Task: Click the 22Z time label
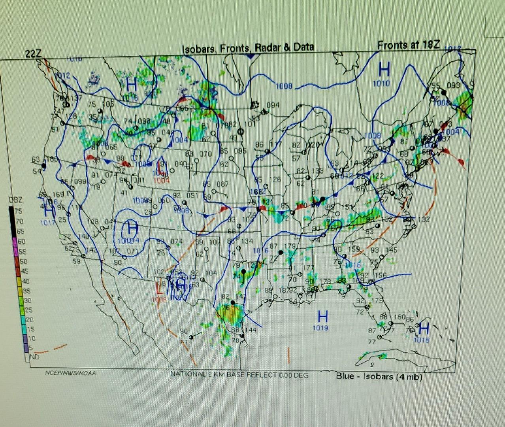click(33, 53)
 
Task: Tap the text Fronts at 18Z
click(408, 45)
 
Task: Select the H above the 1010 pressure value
click(384, 70)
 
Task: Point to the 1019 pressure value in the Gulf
click(320, 328)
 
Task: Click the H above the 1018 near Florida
click(424, 327)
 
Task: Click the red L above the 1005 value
click(159, 288)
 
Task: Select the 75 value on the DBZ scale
click(18, 211)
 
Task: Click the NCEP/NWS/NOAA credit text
click(70, 373)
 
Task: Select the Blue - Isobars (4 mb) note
click(379, 376)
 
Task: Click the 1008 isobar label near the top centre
click(284, 86)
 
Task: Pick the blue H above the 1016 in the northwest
click(132, 84)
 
